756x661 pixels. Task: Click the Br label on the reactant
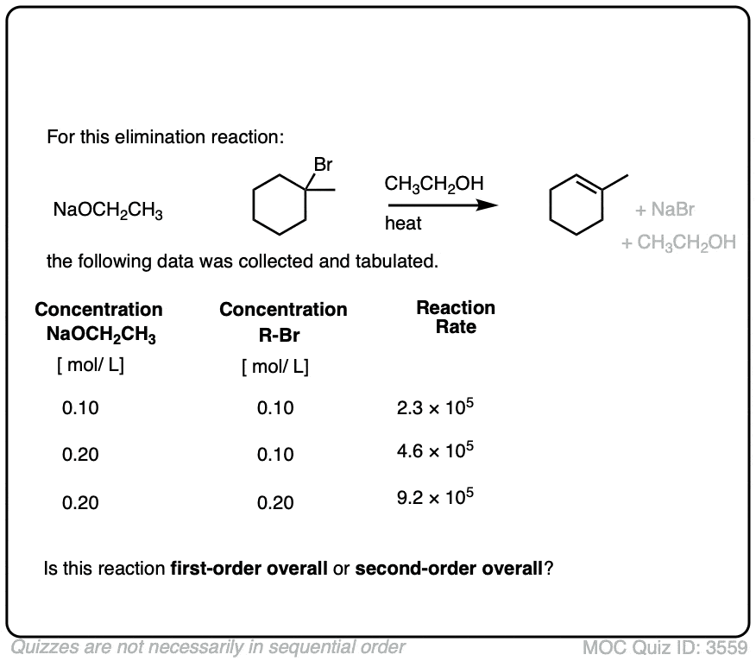tap(323, 163)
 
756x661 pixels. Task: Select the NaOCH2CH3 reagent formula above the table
tap(107, 211)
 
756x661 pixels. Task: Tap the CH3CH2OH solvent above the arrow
tap(433, 184)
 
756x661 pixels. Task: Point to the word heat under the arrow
tap(404, 224)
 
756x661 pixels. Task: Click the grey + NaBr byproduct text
tap(665, 210)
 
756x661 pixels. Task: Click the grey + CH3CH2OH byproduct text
tap(679, 242)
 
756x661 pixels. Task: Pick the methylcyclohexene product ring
tap(576, 205)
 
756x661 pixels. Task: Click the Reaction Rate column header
tap(456, 318)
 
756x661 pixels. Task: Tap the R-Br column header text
tap(282, 337)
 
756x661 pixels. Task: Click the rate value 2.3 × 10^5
tap(434, 406)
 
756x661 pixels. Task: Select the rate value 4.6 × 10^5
tap(434, 452)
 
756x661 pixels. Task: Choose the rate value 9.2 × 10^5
tap(434, 500)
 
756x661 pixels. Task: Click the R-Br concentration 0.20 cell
tap(275, 502)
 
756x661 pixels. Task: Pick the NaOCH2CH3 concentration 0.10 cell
tap(80, 408)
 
